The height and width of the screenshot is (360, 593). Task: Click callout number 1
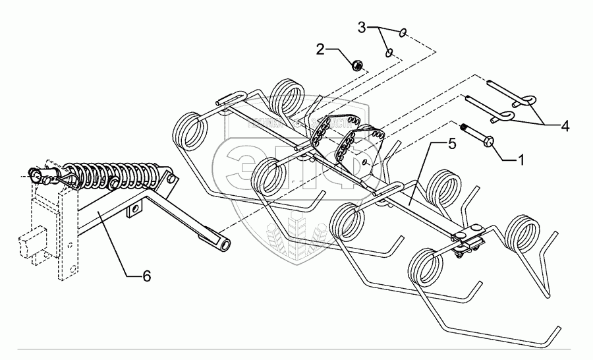(521, 158)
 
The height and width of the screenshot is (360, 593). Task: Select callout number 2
(320, 49)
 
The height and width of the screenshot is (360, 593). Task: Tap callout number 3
(362, 27)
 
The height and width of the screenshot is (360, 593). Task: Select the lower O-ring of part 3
(389, 53)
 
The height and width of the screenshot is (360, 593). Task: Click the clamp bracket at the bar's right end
(470, 237)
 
